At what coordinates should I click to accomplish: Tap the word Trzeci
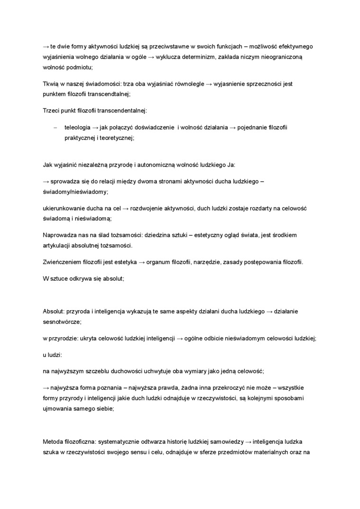pyautogui.click(x=51, y=111)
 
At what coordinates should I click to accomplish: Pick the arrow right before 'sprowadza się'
pyautogui.click(x=46, y=181)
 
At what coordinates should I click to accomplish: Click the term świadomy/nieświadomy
pyautogui.click(x=75, y=192)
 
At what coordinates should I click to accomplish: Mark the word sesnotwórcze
pyautogui.click(x=62, y=322)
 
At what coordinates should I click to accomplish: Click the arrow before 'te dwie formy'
pyautogui.click(x=46, y=46)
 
